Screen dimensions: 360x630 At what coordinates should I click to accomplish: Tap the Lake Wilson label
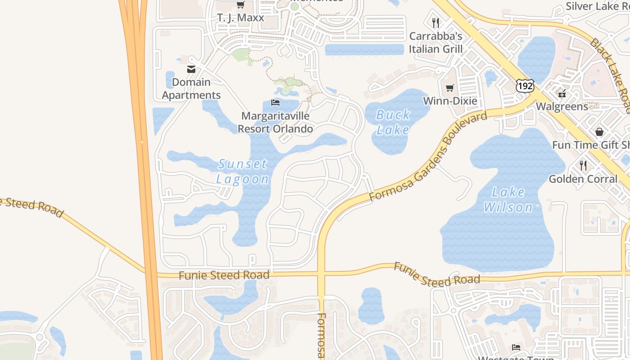[508, 200]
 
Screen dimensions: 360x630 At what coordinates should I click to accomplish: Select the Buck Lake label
[393, 122]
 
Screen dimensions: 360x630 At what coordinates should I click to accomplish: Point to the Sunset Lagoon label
[243, 171]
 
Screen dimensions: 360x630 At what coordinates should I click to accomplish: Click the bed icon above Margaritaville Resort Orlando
[275, 103]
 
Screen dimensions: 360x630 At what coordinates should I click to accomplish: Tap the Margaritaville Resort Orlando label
[275, 122]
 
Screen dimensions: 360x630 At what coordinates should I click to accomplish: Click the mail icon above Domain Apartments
[191, 69]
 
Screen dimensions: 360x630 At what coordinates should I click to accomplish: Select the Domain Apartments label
[191, 89]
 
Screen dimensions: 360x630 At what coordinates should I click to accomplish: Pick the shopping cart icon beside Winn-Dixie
[450, 88]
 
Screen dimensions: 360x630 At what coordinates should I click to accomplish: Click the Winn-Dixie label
[450, 101]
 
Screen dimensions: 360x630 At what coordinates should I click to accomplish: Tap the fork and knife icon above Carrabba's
[436, 22]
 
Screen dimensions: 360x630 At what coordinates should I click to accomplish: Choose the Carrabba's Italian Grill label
[436, 42]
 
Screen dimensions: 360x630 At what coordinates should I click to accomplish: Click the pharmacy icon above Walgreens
[562, 94]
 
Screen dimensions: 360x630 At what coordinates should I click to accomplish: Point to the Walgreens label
[562, 107]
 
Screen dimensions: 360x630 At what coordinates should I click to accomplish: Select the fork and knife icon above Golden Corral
[583, 166]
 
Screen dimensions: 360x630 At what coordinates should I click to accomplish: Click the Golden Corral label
[583, 179]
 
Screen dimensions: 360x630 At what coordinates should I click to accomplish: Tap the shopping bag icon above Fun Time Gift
[599, 132]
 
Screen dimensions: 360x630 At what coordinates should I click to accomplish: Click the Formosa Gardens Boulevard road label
[427, 157]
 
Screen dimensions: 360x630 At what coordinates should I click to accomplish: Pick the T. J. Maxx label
[240, 18]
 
